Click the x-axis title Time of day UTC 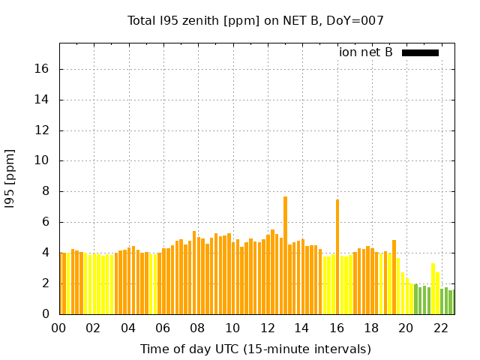pyautogui.click(x=256, y=349)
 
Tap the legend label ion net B pyautogui.click(x=366, y=52)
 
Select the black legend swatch pyautogui.click(x=420, y=52)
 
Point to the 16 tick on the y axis pyautogui.click(x=42, y=69)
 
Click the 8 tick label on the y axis pyautogui.click(x=45, y=191)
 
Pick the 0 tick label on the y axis pyautogui.click(x=45, y=314)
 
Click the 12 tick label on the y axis pyautogui.click(x=42, y=130)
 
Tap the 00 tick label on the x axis pyautogui.click(x=59, y=328)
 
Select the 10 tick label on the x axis pyautogui.click(x=232, y=328)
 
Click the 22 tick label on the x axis pyautogui.click(x=440, y=328)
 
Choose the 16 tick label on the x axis pyautogui.click(x=337, y=328)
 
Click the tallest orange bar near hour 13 pyautogui.click(x=285, y=255)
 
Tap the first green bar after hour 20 pyautogui.click(x=415, y=298)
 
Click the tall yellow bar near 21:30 pyautogui.click(x=433, y=289)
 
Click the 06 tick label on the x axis pyautogui.click(x=163, y=328)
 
